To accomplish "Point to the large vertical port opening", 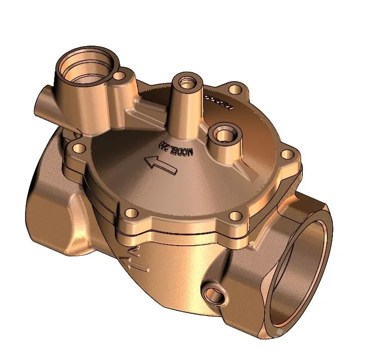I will tap(86, 67).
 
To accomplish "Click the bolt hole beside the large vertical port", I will tap(120, 77).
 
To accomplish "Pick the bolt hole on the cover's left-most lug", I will tap(79, 149).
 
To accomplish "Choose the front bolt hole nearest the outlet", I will tap(234, 217).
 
